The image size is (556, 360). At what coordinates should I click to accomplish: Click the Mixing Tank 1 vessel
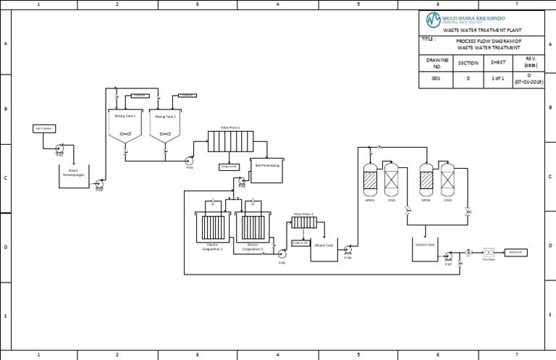[125, 125]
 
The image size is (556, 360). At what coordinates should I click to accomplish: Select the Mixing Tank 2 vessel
[165, 125]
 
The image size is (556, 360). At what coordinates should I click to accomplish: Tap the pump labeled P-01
[59, 149]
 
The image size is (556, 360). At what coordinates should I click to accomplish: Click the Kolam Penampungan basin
[73, 177]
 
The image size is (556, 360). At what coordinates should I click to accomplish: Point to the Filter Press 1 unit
[230, 141]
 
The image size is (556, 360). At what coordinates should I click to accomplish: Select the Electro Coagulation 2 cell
[253, 228]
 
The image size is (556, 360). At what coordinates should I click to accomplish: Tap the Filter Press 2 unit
[304, 222]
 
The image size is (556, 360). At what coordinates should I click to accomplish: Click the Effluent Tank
[324, 250]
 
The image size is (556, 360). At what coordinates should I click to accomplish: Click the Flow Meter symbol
[488, 252]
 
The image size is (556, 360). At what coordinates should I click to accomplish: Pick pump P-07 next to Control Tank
[448, 256]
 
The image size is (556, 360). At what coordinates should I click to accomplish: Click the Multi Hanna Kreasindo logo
[433, 19]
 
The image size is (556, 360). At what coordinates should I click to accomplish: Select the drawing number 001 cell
[436, 78]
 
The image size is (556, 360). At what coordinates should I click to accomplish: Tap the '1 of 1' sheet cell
[497, 78]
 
